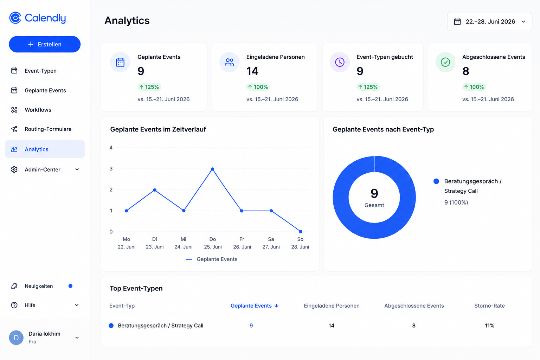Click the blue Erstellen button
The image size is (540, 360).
45,44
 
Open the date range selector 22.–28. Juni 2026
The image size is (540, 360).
489,22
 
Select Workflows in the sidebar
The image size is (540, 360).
38,110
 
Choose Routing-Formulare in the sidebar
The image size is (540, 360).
48,129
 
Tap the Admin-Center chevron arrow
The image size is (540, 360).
77,169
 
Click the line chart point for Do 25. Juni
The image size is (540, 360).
212,169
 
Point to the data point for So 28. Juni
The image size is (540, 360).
301,232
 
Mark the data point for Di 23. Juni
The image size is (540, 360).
155,190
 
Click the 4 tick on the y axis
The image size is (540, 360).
111,148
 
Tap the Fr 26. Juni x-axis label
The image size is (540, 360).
242,243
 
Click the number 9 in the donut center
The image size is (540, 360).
374,193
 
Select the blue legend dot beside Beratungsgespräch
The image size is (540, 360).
436,181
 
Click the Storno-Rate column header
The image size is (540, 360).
489,306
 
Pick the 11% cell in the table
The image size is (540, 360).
489,326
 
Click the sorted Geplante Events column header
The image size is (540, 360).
255,306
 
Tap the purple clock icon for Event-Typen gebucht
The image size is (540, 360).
340,62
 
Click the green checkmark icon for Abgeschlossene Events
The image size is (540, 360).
445,62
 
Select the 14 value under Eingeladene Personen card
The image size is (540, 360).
252,71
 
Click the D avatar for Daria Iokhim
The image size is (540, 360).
16,337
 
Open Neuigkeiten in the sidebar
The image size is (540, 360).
39,286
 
